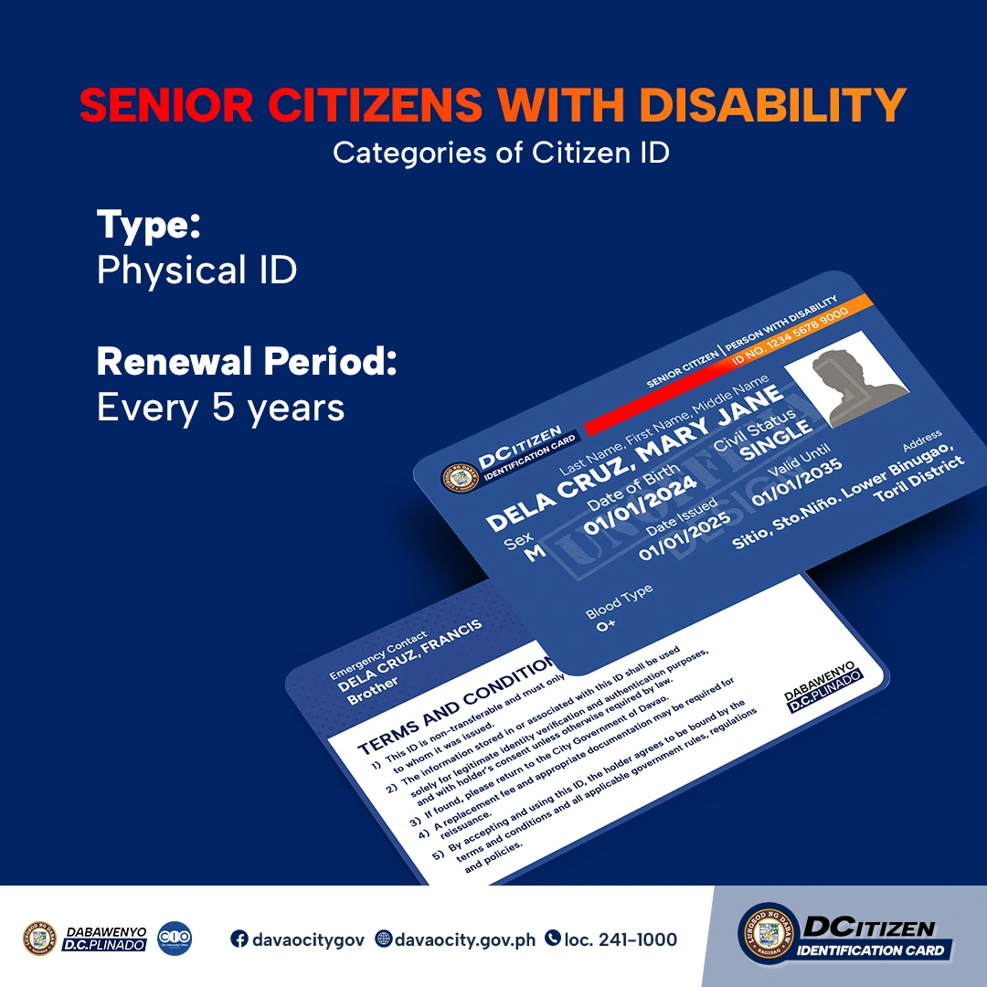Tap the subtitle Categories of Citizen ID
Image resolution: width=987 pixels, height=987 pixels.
(501, 152)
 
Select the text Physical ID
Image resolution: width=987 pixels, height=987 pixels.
(196, 271)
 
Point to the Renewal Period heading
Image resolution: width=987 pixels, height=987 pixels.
(247, 362)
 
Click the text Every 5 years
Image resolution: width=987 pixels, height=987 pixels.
(220, 408)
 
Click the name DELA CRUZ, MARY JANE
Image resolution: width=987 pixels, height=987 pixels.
(635, 458)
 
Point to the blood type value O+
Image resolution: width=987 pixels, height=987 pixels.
(606, 626)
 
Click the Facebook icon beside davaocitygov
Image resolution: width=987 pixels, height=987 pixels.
(239, 939)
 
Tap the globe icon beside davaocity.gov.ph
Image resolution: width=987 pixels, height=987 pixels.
(384, 939)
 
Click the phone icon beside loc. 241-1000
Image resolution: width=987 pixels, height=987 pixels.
(552, 939)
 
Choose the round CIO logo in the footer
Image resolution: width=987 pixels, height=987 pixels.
(175, 939)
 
